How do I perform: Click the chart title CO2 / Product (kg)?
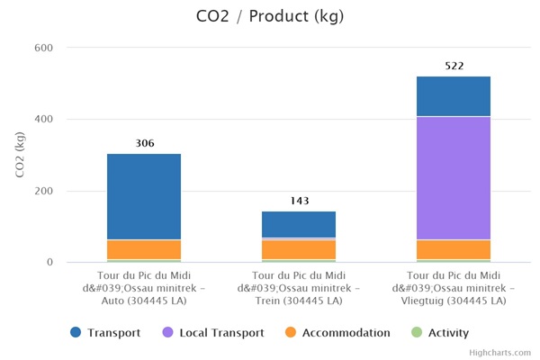tap(269, 16)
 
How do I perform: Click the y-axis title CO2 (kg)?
tap(21, 155)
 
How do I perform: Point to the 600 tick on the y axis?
tap(44, 48)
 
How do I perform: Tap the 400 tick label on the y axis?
tap(44, 120)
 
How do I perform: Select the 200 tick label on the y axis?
tap(44, 192)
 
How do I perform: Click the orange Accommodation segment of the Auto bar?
tap(144, 249)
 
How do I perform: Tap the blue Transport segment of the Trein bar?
tap(299, 224)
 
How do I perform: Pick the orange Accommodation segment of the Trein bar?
tap(299, 249)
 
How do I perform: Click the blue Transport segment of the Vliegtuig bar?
tap(454, 96)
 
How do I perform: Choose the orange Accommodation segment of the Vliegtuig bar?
tap(454, 249)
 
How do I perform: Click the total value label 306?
tap(144, 143)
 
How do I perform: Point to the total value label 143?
tap(299, 202)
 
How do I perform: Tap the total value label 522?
tap(454, 66)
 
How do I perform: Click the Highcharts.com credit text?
tap(499, 353)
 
